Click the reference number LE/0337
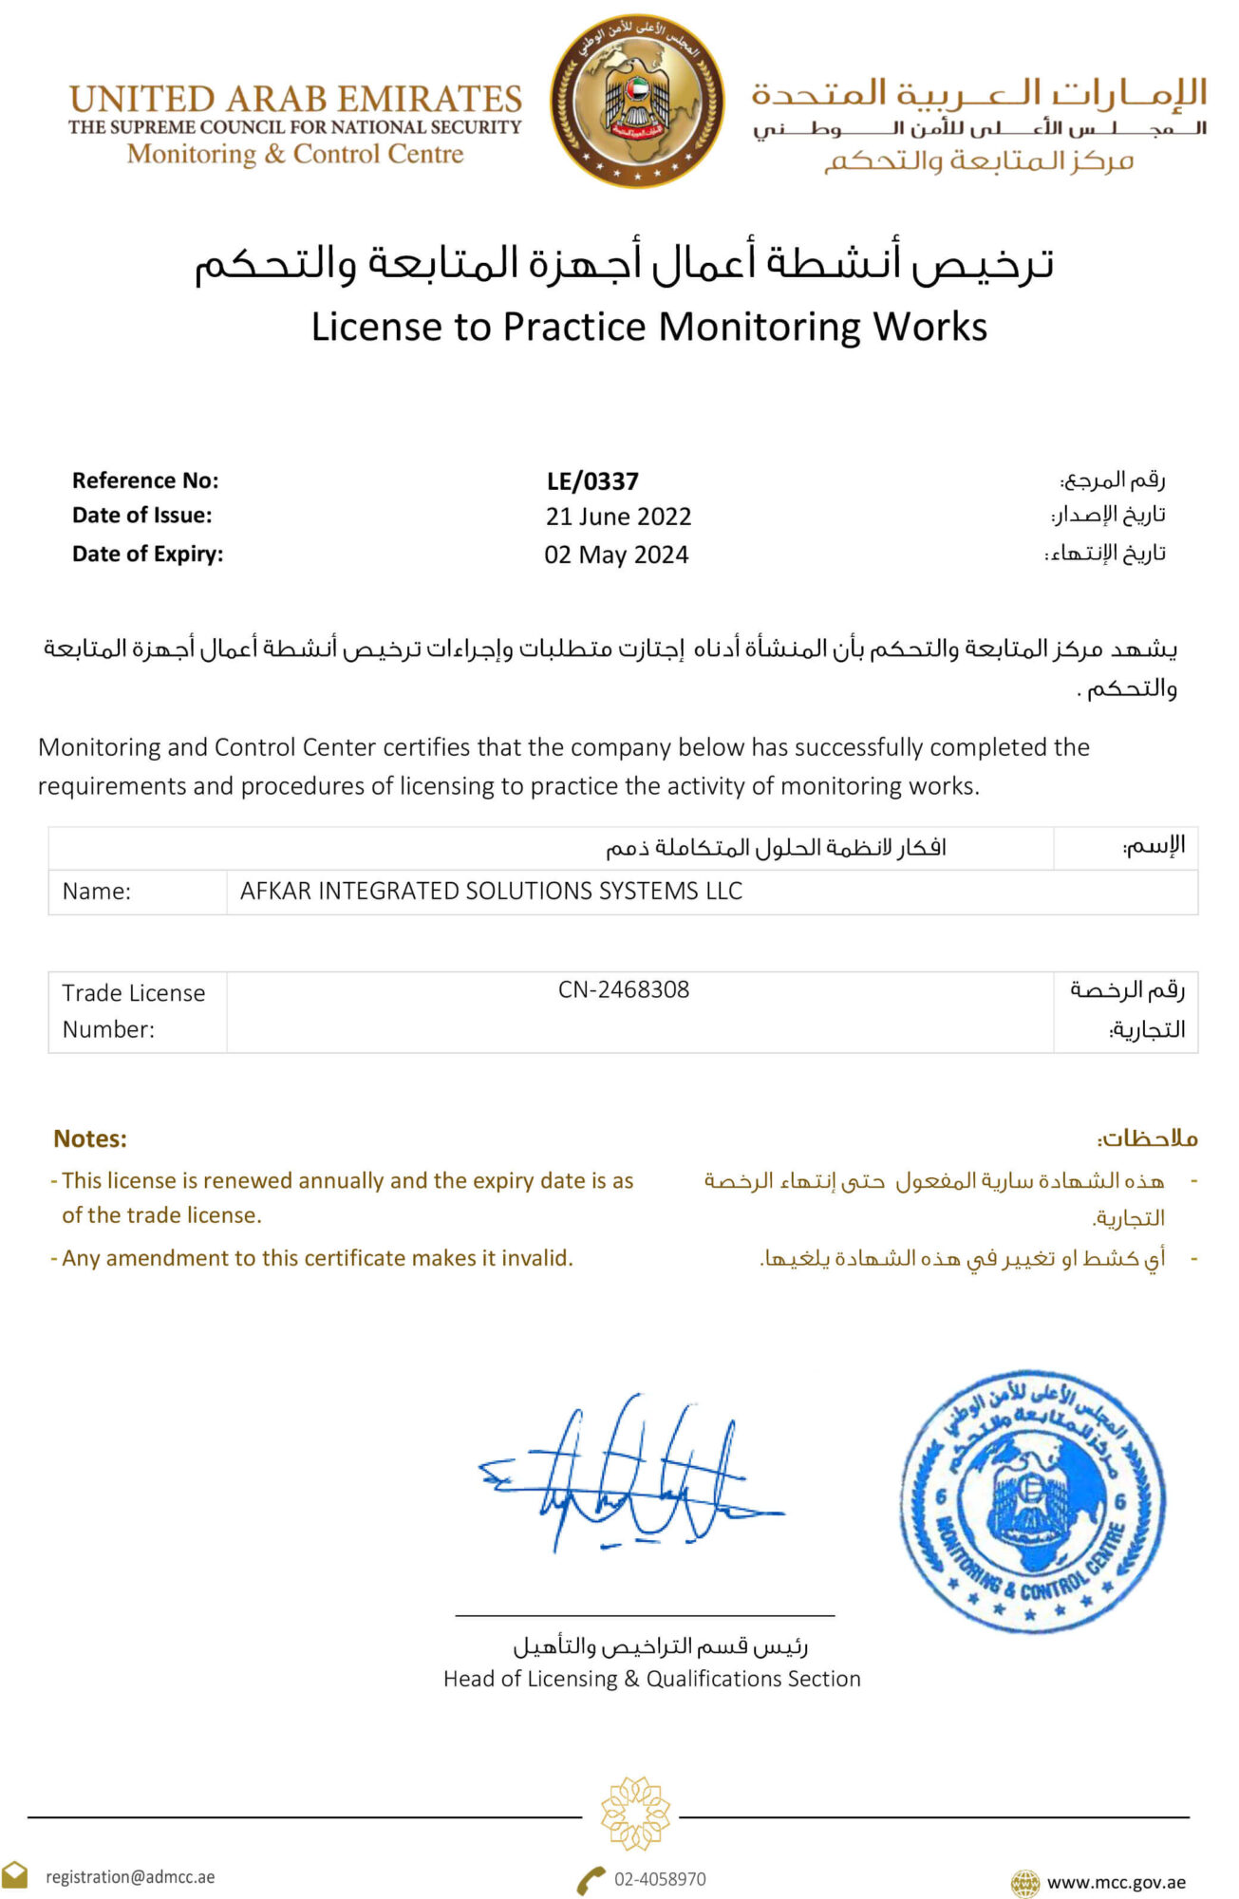(x=592, y=481)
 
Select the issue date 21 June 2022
(x=618, y=517)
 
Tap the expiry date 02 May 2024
(x=616, y=555)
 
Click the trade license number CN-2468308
(x=624, y=989)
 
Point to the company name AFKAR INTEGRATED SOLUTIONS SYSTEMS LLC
(x=491, y=891)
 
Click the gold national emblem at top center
(x=637, y=101)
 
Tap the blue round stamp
(x=1032, y=1500)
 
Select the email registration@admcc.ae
(x=130, y=1877)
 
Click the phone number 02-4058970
(x=659, y=1879)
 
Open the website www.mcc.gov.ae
(x=1116, y=1882)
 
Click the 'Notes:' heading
(x=90, y=1138)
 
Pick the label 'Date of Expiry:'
(x=147, y=554)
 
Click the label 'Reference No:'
(x=145, y=480)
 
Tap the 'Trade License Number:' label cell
(x=134, y=1010)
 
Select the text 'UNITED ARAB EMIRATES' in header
(x=295, y=99)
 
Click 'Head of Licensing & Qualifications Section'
(x=651, y=1679)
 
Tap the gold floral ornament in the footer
(x=635, y=1814)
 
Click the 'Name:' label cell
(x=97, y=892)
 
